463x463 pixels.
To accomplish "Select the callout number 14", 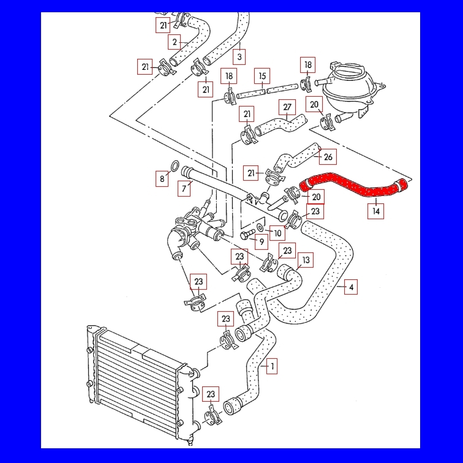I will (x=376, y=211).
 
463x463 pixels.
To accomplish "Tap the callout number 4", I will (x=351, y=286).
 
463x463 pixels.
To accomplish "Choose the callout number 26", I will (x=328, y=157).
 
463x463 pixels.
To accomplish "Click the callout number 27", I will (x=287, y=107).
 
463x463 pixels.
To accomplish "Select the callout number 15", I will (x=262, y=77).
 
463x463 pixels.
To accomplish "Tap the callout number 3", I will (x=239, y=57).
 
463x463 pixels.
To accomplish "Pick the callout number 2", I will (x=175, y=42).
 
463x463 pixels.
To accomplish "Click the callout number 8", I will (x=162, y=179).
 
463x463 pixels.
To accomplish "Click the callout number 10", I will (x=277, y=233).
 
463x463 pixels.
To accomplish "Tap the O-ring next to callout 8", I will (x=174, y=166).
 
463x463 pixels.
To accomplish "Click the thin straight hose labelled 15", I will (x=251, y=94).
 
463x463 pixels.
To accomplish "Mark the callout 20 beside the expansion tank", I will (x=315, y=105).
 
